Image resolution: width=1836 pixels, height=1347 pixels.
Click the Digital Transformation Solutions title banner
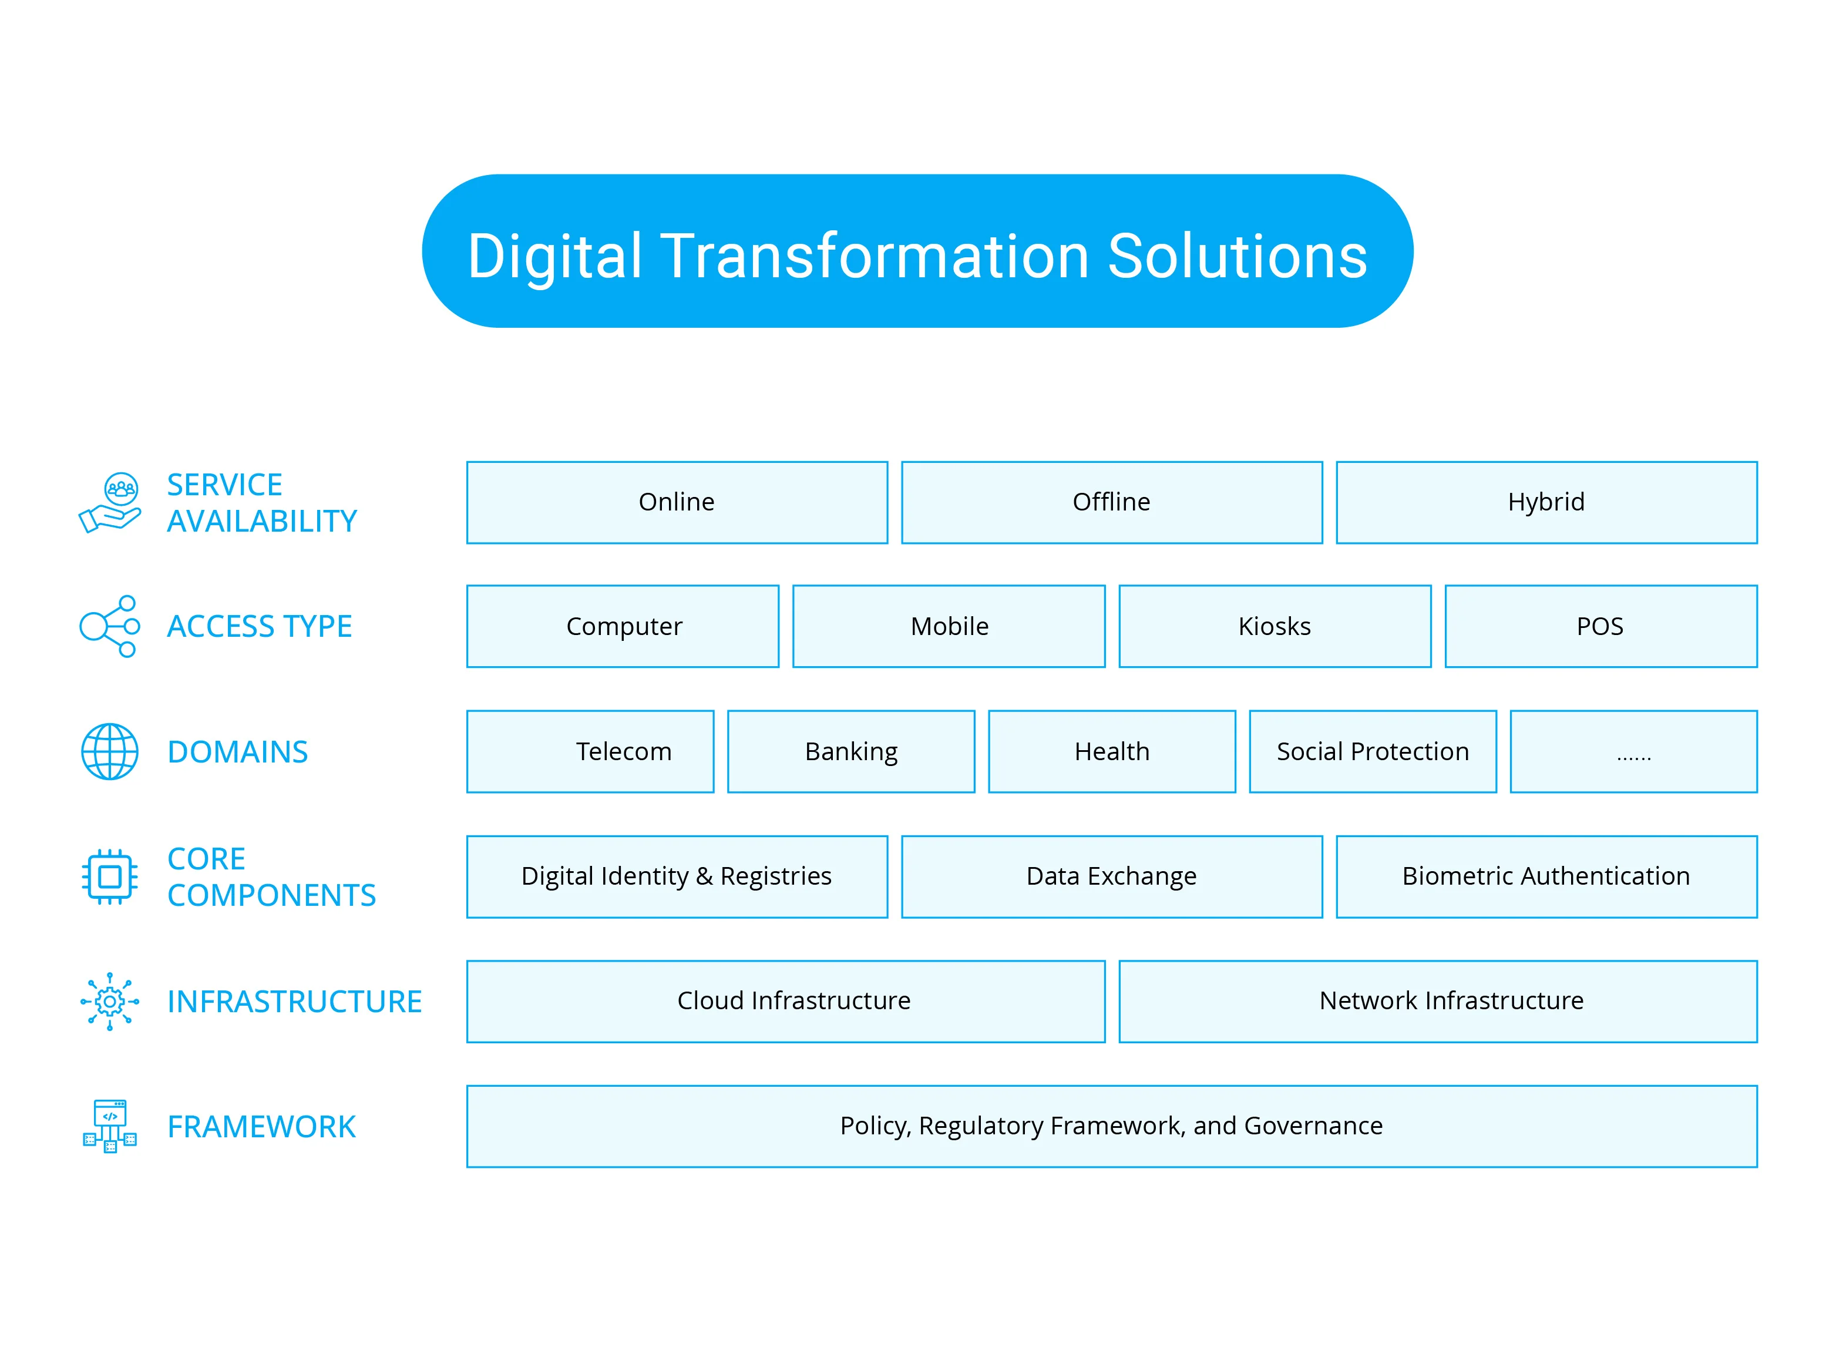pos(917,251)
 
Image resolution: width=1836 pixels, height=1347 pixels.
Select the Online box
pos(677,502)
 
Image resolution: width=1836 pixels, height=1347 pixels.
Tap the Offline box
pos(1111,502)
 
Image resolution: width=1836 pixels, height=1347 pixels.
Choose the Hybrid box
pos(1546,502)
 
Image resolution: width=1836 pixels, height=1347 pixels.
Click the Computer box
pos(623,626)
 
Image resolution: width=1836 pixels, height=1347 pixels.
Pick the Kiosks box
pos(1275,626)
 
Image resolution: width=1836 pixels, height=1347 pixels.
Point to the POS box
pos(1600,626)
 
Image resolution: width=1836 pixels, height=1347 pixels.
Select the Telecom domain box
pos(590,751)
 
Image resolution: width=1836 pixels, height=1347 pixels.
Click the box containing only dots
pos(1633,751)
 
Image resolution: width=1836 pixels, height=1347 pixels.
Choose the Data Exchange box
pos(1111,876)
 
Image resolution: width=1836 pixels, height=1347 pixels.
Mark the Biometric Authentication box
pos(1546,876)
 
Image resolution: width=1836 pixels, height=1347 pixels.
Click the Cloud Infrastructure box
pos(786,1001)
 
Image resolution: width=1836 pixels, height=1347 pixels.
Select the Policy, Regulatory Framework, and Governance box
pos(1111,1126)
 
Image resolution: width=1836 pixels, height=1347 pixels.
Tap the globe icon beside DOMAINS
pos(109,751)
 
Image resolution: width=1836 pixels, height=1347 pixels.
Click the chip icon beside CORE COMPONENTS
pos(109,876)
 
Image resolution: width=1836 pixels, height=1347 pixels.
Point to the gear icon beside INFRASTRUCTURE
pos(109,1001)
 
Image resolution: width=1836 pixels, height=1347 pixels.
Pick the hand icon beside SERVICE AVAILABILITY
pos(110,502)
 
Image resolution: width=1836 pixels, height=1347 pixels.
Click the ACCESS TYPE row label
pos(259,626)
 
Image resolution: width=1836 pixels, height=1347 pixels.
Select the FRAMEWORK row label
pos(261,1126)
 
